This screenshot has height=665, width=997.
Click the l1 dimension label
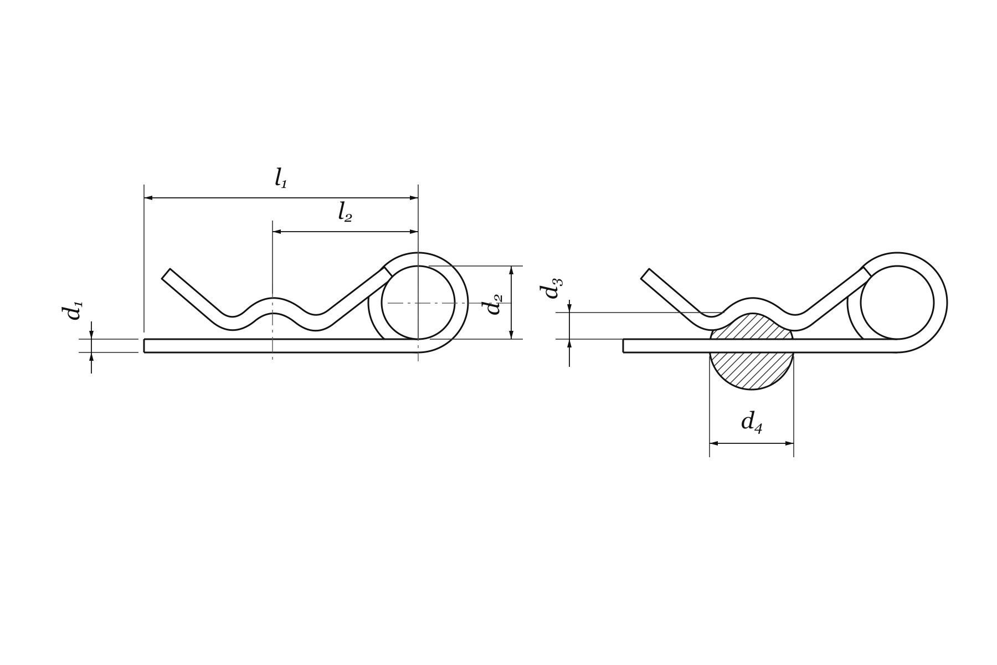tap(281, 178)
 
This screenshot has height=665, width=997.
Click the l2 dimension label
tap(345, 212)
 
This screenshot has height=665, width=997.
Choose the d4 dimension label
tap(752, 422)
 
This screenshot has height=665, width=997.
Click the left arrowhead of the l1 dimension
tap(148, 198)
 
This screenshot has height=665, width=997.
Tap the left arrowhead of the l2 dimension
tap(277, 232)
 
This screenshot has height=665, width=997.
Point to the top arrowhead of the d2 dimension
tap(511, 270)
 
